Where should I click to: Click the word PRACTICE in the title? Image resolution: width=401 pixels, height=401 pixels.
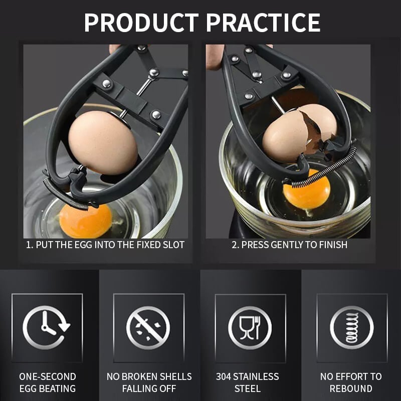[x=263, y=23]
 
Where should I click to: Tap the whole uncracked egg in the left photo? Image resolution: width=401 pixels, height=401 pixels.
[x=103, y=142]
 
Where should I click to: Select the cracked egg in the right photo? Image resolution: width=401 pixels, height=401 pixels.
[x=296, y=133]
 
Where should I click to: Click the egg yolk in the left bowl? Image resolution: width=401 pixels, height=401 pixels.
[x=85, y=220]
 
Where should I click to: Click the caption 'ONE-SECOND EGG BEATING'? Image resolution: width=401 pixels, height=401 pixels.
[x=48, y=382]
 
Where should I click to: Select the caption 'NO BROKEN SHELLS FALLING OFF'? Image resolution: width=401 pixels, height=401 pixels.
[x=149, y=382]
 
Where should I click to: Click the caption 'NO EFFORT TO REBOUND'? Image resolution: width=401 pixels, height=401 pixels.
[x=351, y=382]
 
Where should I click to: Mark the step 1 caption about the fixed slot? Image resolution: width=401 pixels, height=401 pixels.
[x=105, y=245]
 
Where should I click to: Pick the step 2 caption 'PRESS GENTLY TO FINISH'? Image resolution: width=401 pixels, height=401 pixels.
[x=289, y=245]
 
